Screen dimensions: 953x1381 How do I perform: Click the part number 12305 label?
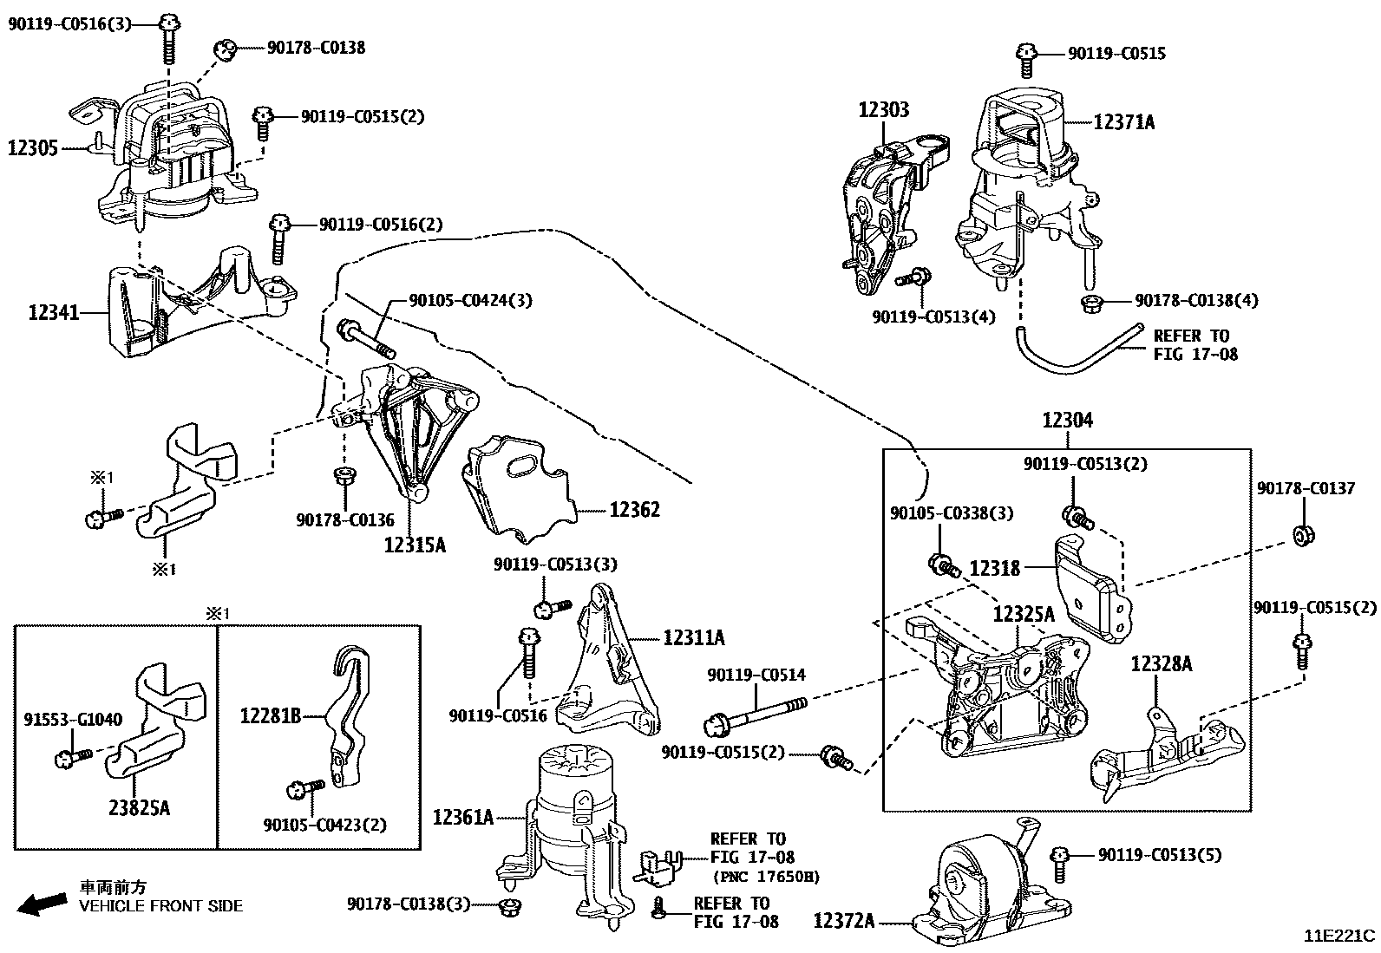33,148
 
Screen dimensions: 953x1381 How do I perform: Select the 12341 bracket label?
53,312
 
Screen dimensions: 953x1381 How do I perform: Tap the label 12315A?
415,545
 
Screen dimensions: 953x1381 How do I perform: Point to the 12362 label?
634,509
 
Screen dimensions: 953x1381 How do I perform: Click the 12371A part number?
1123,122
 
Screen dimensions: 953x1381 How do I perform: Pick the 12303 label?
884,110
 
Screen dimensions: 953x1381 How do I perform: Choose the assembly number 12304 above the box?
1068,421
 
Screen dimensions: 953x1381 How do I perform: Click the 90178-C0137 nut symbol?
1301,535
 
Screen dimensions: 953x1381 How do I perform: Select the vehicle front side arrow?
43,904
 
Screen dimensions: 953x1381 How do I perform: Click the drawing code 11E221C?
1339,936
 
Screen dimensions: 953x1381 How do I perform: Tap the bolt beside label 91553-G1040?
71,759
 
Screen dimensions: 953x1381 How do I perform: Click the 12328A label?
1162,664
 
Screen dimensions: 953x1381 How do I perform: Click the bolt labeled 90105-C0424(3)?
365,340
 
